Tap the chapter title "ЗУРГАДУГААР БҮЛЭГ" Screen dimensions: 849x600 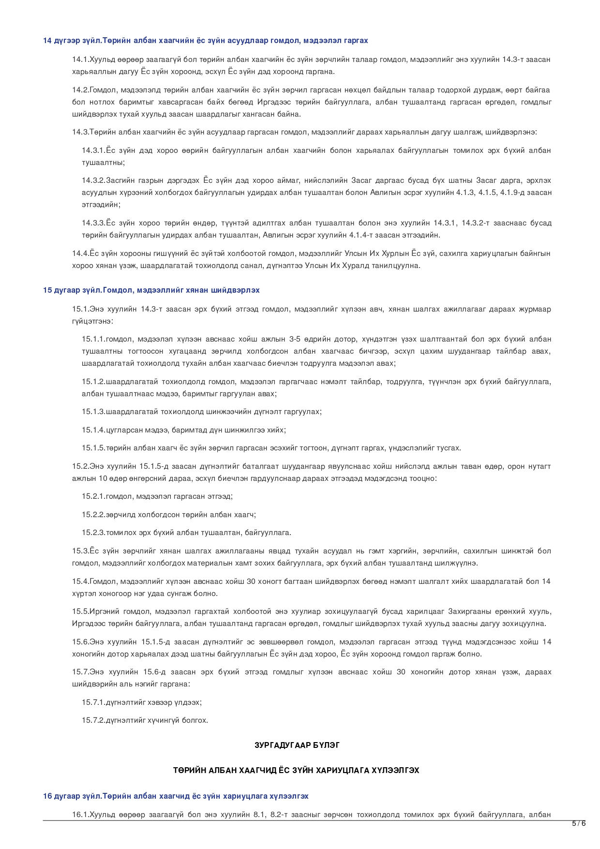click(x=297, y=745)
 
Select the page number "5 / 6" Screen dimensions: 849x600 click(x=579, y=823)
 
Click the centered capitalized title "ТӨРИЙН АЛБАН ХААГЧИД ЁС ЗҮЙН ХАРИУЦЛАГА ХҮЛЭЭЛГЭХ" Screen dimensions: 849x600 click(x=296, y=770)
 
